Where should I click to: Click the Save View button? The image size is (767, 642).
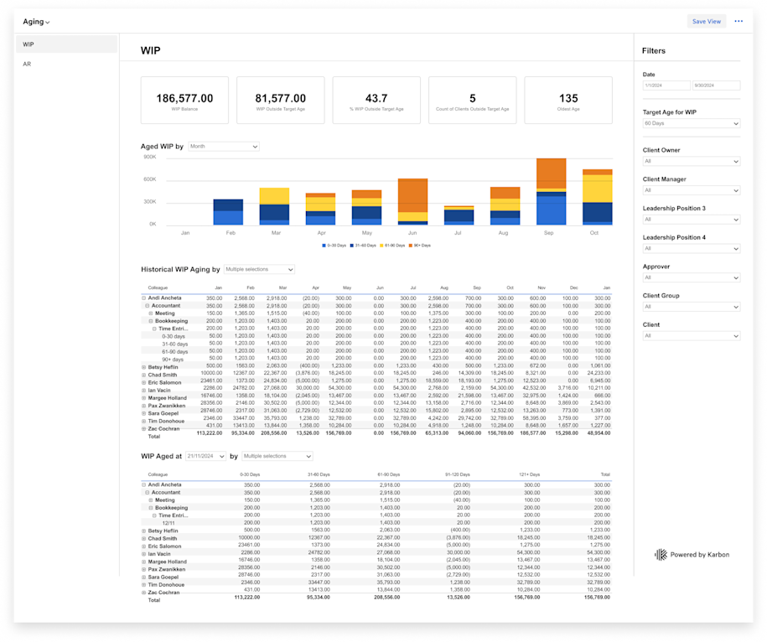point(706,22)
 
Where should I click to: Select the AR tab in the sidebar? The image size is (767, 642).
point(28,64)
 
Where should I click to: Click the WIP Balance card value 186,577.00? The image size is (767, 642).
point(184,98)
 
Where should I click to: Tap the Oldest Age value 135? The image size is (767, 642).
point(568,98)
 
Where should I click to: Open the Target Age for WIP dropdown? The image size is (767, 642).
point(691,124)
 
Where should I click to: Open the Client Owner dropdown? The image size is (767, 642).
point(691,161)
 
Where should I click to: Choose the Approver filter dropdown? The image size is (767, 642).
point(691,277)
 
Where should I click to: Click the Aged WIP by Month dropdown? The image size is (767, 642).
point(223,147)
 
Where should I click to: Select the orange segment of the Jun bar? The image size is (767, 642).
point(412,195)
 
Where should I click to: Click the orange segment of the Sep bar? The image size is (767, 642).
point(551,176)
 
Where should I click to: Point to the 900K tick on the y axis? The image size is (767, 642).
point(149,157)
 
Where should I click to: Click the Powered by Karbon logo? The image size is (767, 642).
point(691,555)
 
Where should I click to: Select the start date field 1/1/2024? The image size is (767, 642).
point(666,85)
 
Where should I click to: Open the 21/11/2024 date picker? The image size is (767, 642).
point(205,456)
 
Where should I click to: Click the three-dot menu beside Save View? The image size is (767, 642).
point(738,22)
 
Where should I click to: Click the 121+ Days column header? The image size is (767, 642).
point(531,474)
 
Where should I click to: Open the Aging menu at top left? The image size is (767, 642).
point(36,22)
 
